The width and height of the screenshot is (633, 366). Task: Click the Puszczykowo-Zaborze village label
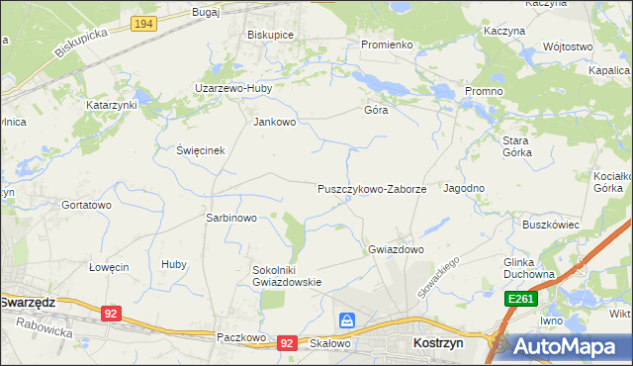[x=372, y=188]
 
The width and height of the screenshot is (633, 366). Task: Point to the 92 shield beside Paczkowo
[x=287, y=342]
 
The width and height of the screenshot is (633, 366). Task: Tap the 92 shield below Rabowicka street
[x=111, y=314]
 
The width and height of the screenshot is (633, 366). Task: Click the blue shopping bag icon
[x=347, y=320]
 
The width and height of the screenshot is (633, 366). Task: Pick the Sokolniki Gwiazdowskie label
[x=286, y=275]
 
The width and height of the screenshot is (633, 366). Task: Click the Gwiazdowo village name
[x=396, y=249]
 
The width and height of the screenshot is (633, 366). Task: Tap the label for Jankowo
[x=275, y=123]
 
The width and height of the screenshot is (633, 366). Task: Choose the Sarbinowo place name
[x=230, y=218]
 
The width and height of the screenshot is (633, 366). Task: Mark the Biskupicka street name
[x=81, y=43]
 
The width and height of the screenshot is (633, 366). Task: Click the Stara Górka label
[x=516, y=146]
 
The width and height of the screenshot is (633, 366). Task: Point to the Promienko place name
[x=386, y=45]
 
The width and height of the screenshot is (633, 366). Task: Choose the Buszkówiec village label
[x=551, y=225]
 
